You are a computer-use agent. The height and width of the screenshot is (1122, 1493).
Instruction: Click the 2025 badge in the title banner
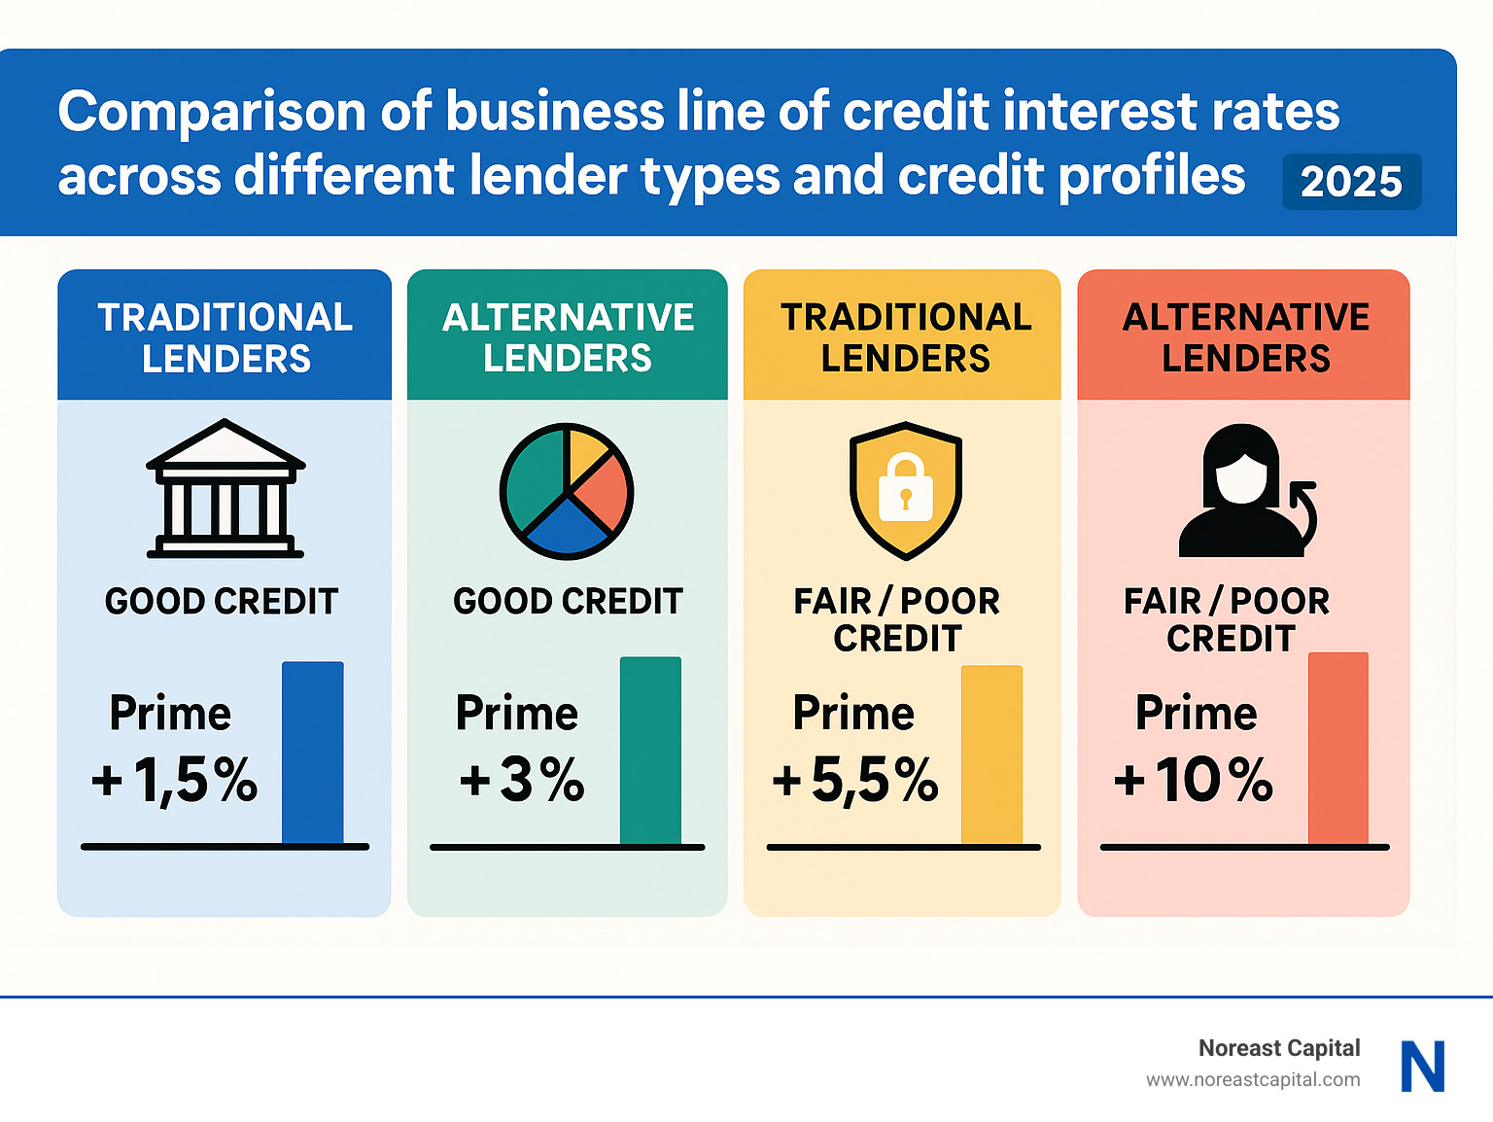[1351, 182]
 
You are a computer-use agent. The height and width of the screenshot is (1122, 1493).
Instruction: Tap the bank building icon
[226, 489]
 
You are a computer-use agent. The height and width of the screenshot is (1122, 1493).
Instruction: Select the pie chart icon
[567, 491]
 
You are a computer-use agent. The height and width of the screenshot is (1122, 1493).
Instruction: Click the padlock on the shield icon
[905, 488]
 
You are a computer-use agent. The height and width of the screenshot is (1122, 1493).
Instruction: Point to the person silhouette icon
[1241, 492]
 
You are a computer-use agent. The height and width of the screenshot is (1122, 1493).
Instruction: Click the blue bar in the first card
[312, 753]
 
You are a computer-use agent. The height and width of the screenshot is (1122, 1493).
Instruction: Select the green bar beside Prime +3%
[650, 751]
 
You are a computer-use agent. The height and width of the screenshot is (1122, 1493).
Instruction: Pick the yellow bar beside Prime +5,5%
[991, 754]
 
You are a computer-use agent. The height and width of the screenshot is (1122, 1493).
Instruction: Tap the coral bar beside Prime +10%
[1337, 749]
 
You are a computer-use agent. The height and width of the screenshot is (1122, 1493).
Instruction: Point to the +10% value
[1194, 780]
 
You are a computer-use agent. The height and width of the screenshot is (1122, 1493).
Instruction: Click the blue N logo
[1423, 1067]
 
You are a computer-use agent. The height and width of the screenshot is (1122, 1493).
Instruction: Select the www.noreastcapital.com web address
[1253, 1080]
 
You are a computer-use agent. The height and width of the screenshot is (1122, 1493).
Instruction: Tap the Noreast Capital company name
[1279, 1048]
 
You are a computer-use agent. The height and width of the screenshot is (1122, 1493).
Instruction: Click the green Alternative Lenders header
[568, 336]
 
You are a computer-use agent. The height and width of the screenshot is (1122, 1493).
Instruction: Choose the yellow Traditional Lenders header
[905, 336]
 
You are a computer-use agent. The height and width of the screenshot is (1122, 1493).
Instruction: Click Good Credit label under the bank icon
[222, 602]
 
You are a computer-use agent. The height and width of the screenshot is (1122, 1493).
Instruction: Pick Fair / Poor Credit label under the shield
[897, 619]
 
